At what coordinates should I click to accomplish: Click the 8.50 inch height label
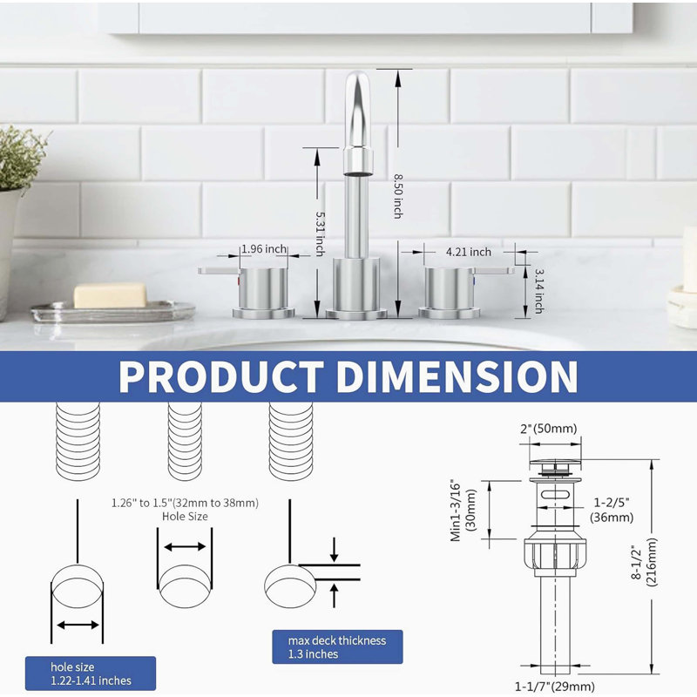pyautogui.click(x=398, y=196)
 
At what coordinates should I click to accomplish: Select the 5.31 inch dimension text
pyautogui.click(x=320, y=233)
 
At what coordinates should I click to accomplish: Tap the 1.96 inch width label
pyautogui.click(x=264, y=249)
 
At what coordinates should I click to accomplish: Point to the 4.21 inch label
pyautogui.click(x=469, y=252)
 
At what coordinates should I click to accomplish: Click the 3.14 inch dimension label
pyautogui.click(x=539, y=291)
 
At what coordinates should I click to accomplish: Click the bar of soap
pyautogui.click(x=110, y=295)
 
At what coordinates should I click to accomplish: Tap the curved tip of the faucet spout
pyautogui.click(x=358, y=85)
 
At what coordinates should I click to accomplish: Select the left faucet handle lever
pyautogui.click(x=220, y=270)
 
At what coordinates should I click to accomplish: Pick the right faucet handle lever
pyautogui.click(x=493, y=270)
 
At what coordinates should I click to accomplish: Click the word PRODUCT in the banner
pyautogui.click(x=221, y=376)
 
